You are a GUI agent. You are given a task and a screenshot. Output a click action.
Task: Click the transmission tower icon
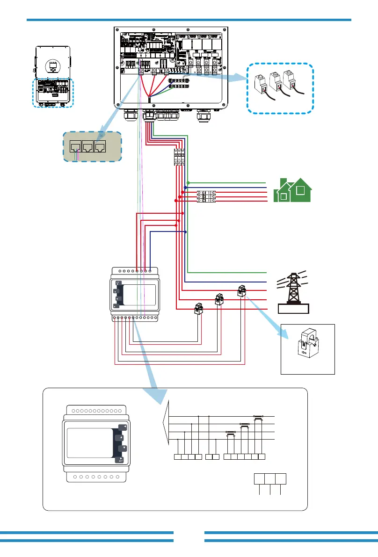click(x=293, y=287)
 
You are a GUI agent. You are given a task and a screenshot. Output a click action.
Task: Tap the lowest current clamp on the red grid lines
click(x=200, y=309)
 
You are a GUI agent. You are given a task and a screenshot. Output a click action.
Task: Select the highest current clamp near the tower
click(x=242, y=290)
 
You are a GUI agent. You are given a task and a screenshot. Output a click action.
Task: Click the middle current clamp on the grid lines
click(x=219, y=299)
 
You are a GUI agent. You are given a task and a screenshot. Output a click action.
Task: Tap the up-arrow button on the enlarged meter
click(x=123, y=438)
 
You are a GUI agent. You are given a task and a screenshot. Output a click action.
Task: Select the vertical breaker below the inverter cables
click(x=179, y=157)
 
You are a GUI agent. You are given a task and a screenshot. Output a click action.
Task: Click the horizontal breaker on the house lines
click(x=206, y=195)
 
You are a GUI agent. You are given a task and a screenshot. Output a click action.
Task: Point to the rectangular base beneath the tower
click(x=293, y=308)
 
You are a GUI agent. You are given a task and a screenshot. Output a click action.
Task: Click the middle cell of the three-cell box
click(x=269, y=478)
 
